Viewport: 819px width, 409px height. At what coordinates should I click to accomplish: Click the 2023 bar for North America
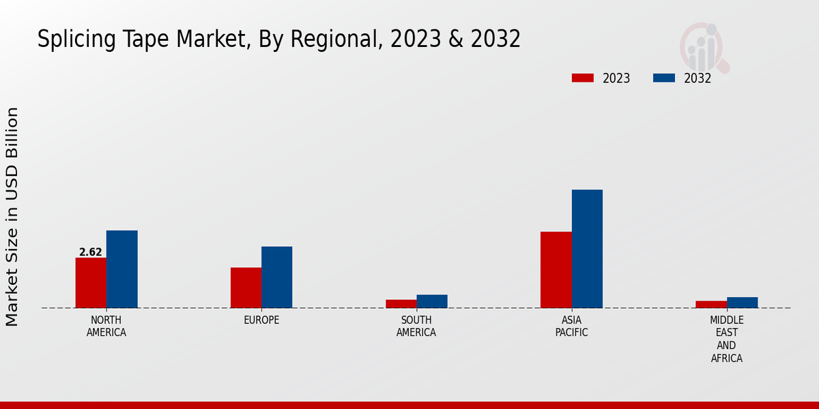coord(91,283)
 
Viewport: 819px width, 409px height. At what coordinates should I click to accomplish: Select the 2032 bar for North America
coord(121,269)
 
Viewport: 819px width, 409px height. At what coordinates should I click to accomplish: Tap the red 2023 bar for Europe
coord(246,288)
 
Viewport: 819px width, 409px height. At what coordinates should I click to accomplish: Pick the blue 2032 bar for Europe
coord(276,277)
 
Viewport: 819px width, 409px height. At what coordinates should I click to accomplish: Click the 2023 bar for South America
coord(401,304)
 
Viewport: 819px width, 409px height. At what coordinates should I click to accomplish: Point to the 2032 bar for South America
coord(432,301)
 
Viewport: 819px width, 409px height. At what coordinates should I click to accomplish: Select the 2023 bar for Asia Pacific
coord(556,270)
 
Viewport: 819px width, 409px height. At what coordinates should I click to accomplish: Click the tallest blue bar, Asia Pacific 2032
coord(587,249)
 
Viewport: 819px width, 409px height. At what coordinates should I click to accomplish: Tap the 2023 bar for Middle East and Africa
coord(711,305)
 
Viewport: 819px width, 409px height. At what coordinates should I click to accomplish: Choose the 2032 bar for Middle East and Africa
coord(742,303)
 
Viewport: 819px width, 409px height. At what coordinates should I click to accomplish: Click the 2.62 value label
coord(91,252)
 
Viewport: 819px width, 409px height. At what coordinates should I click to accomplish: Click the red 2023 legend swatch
coord(583,78)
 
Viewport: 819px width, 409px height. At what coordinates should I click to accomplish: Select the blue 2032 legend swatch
coord(663,78)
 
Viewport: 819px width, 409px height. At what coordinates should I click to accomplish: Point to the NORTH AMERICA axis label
coord(106,327)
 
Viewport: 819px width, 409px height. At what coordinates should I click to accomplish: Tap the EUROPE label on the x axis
coord(261,320)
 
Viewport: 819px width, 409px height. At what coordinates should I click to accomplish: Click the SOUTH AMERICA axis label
coord(416,327)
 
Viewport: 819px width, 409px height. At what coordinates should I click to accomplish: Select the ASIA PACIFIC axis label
coord(571,327)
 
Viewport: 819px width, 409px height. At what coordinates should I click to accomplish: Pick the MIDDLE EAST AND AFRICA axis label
coord(727,339)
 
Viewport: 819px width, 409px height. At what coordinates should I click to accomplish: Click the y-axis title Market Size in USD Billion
coord(12,217)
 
